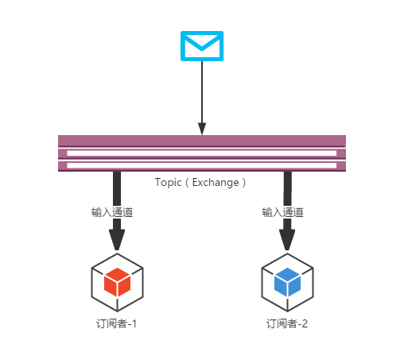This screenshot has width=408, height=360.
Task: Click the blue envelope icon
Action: (x=202, y=45)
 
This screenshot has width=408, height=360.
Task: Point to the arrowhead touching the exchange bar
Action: (x=202, y=129)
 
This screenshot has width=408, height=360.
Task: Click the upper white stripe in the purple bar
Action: (x=202, y=153)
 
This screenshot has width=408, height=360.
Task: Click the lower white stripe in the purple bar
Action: (x=202, y=165)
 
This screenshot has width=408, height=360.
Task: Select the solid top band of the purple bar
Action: (x=202, y=141)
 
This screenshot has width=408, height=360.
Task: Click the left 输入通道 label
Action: (x=112, y=212)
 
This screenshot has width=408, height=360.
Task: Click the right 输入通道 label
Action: (x=282, y=212)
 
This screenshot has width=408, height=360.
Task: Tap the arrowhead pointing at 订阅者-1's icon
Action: (x=117, y=239)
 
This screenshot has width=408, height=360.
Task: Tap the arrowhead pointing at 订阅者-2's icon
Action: (x=287, y=239)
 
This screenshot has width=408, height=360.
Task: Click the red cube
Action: (x=117, y=281)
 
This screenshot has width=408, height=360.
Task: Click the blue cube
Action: (x=287, y=281)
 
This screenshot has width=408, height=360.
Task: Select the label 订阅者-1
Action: (x=117, y=323)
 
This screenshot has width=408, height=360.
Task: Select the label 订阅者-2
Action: (x=287, y=323)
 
